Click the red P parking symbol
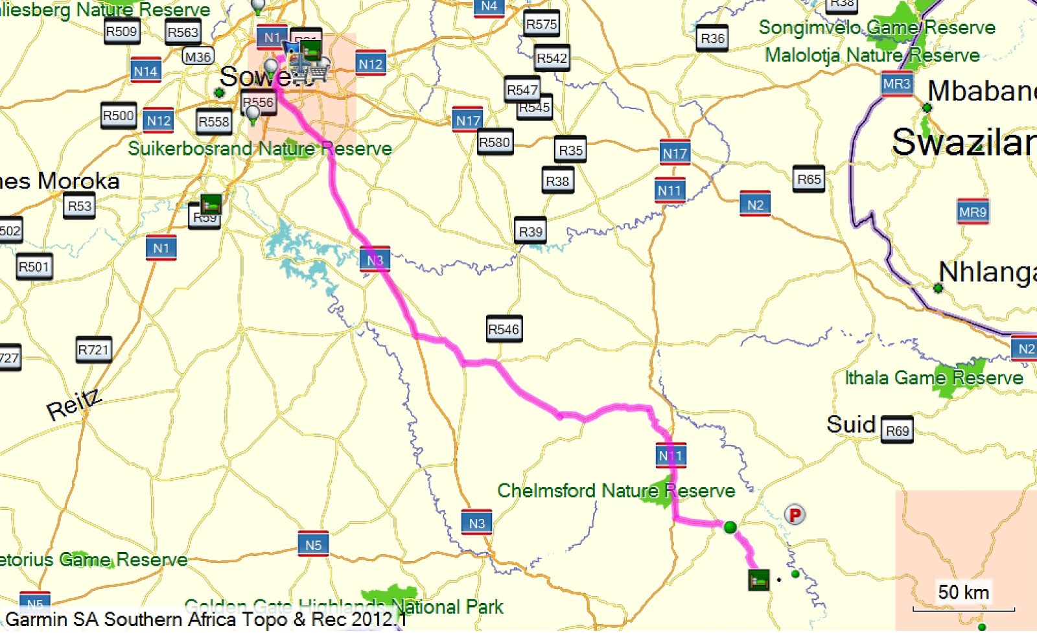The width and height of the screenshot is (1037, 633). click(x=795, y=515)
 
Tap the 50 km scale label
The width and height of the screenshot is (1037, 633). click(x=963, y=592)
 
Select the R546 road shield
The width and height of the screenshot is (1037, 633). click(x=504, y=329)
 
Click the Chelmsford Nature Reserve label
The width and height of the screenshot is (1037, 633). click(x=616, y=490)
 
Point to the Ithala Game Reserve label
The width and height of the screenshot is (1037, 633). click(x=933, y=378)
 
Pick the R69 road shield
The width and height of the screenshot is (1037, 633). click(x=897, y=430)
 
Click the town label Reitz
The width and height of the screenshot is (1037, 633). click(x=74, y=404)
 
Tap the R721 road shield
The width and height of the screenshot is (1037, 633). click(x=93, y=350)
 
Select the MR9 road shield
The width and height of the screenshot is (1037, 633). click(x=972, y=212)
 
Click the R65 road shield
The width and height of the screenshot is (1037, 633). click(x=809, y=179)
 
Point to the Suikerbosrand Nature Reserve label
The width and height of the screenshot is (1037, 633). click(x=259, y=148)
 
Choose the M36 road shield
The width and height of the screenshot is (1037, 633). click(x=198, y=57)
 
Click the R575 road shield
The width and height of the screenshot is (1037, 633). click(x=541, y=24)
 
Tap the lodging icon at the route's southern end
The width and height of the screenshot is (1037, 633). click(x=758, y=579)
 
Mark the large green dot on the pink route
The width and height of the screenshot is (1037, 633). click(x=730, y=527)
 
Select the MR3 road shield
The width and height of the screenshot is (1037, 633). click(x=896, y=84)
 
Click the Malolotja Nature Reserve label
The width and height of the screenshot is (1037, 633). click(x=872, y=55)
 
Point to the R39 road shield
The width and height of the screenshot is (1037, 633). click(x=530, y=231)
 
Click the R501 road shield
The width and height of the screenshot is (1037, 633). click(x=34, y=266)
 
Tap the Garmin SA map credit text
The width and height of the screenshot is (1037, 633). click(x=206, y=619)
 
